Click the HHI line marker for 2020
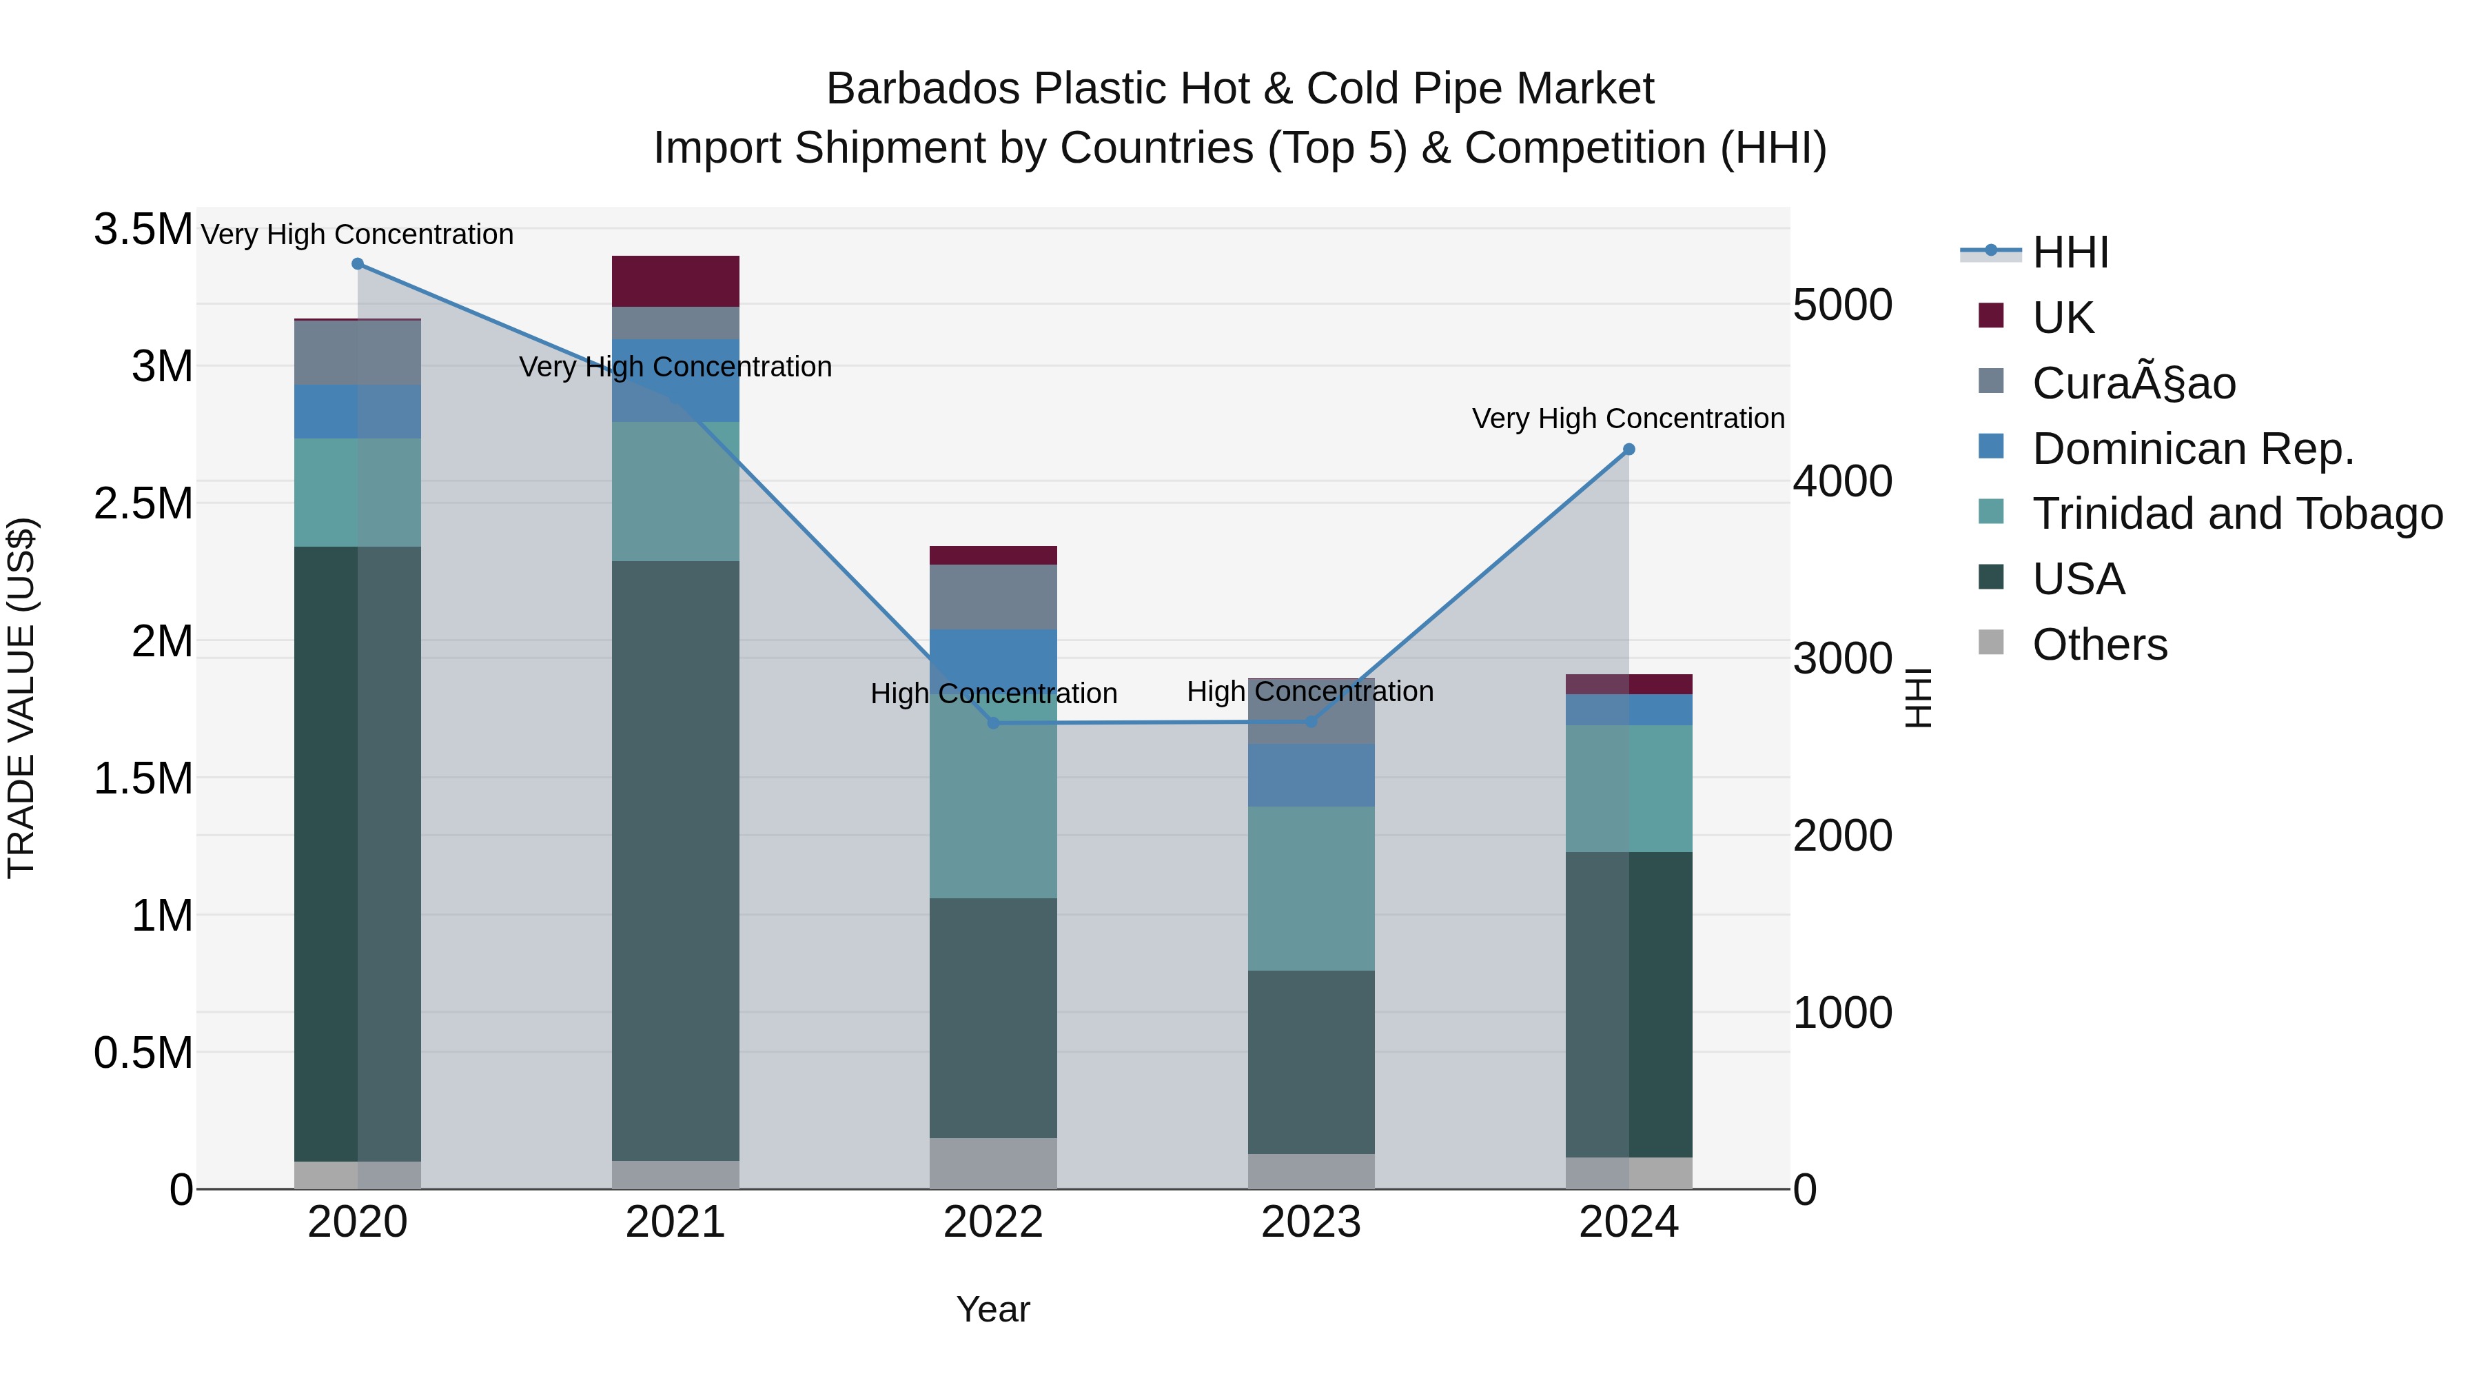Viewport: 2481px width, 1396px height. (357, 264)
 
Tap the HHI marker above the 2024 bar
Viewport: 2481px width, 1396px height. (1629, 449)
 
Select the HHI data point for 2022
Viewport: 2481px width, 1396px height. (993, 722)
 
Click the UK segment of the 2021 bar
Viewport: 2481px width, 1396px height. (675, 281)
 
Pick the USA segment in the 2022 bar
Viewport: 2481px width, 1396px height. (993, 1018)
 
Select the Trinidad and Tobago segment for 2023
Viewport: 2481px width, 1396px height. (1311, 889)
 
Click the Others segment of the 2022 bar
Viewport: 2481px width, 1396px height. (993, 1163)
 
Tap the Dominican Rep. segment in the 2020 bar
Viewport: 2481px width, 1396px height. (357, 412)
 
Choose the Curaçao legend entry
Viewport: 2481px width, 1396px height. (2133, 383)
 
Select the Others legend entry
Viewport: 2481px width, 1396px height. (2100, 645)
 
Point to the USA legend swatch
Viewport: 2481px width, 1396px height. (1991, 578)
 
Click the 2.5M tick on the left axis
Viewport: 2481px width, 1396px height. (143, 504)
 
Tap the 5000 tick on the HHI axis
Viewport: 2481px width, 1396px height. (1842, 305)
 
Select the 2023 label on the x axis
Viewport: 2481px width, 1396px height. (1311, 1222)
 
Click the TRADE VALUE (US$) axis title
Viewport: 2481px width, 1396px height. (21, 698)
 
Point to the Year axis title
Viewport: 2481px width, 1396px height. (993, 1309)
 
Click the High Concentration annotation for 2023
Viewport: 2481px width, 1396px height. (1310, 691)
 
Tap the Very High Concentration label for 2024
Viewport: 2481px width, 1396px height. (1628, 419)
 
